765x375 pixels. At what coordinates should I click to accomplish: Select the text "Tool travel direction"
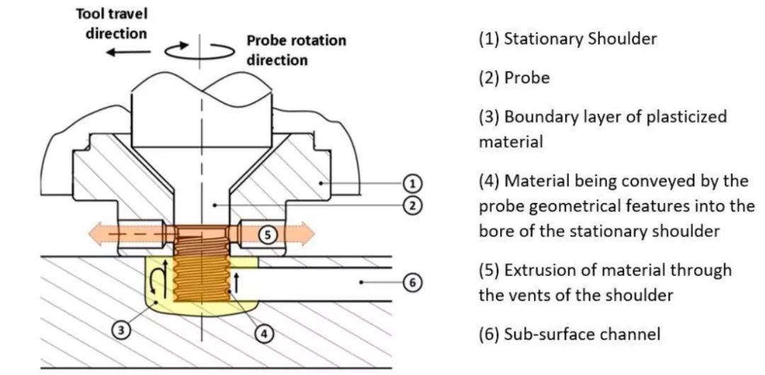click(x=116, y=23)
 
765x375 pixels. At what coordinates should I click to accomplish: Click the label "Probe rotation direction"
click(x=296, y=50)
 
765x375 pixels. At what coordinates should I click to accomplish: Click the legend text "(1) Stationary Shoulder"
click(x=567, y=38)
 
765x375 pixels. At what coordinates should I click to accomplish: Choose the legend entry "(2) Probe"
click(x=514, y=78)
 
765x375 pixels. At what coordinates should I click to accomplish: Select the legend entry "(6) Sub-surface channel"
click(x=569, y=333)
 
